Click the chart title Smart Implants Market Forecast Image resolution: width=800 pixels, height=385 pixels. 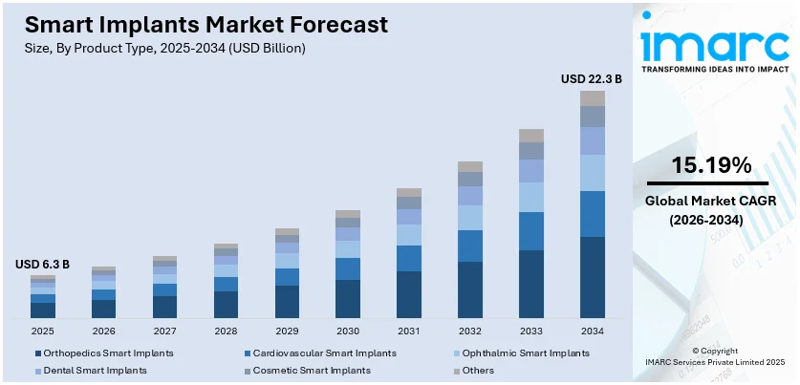(x=202, y=25)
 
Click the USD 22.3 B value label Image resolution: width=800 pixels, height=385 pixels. (x=591, y=79)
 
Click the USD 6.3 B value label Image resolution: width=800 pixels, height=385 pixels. (x=42, y=264)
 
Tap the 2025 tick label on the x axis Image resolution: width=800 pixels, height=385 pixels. (x=42, y=331)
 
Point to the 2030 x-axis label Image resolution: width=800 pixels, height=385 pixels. (x=348, y=331)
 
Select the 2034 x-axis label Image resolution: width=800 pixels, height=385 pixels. (x=593, y=331)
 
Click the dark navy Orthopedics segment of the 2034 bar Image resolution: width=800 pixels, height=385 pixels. (x=593, y=277)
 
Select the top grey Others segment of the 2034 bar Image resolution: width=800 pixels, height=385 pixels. (x=593, y=98)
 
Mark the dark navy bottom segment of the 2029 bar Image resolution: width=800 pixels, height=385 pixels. (x=287, y=302)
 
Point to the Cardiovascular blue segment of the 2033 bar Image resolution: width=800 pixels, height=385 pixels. (x=531, y=231)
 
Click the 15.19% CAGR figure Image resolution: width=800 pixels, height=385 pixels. (x=710, y=164)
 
